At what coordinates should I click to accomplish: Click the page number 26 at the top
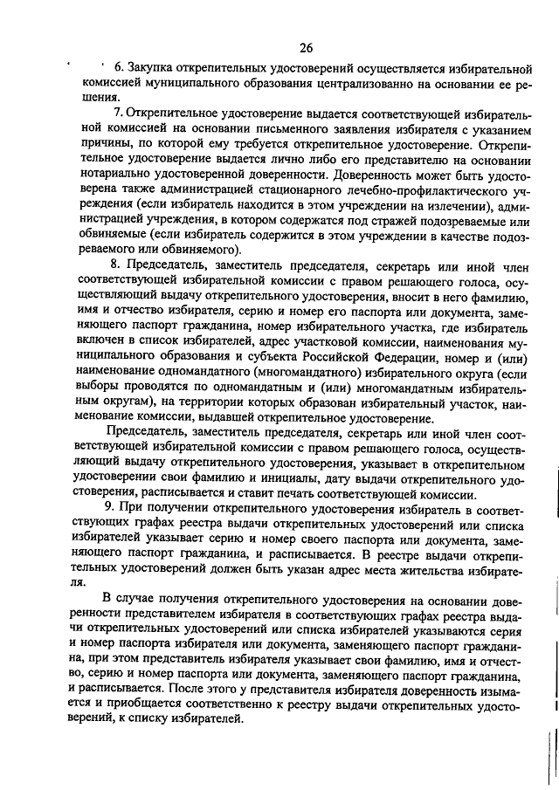305,47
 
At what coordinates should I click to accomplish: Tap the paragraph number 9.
107,506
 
